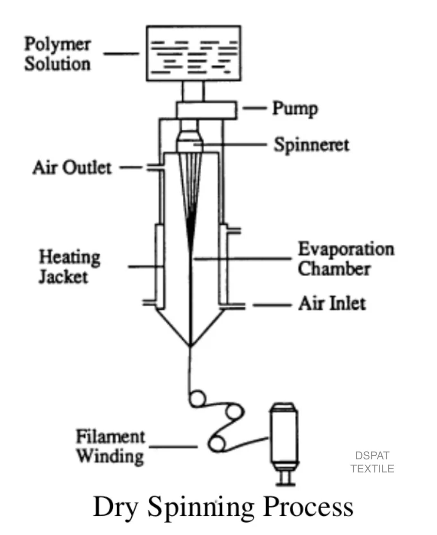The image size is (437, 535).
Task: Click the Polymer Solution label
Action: point(57,54)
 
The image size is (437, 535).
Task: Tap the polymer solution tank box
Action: point(194,53)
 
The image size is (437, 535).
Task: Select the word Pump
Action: point(295,109)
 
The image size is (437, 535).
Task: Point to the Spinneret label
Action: point(311,145)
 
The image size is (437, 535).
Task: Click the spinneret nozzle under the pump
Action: point(190,138)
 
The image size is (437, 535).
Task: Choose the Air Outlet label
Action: point(72,168)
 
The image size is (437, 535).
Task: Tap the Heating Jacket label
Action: point(69,267)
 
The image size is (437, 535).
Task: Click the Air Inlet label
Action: point(332,304)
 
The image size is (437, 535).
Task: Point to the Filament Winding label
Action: point(110,446)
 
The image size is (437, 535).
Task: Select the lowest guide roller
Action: point(217,443)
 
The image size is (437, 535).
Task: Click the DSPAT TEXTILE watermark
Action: point(372,462)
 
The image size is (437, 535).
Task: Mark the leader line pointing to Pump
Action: point(255,109)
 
